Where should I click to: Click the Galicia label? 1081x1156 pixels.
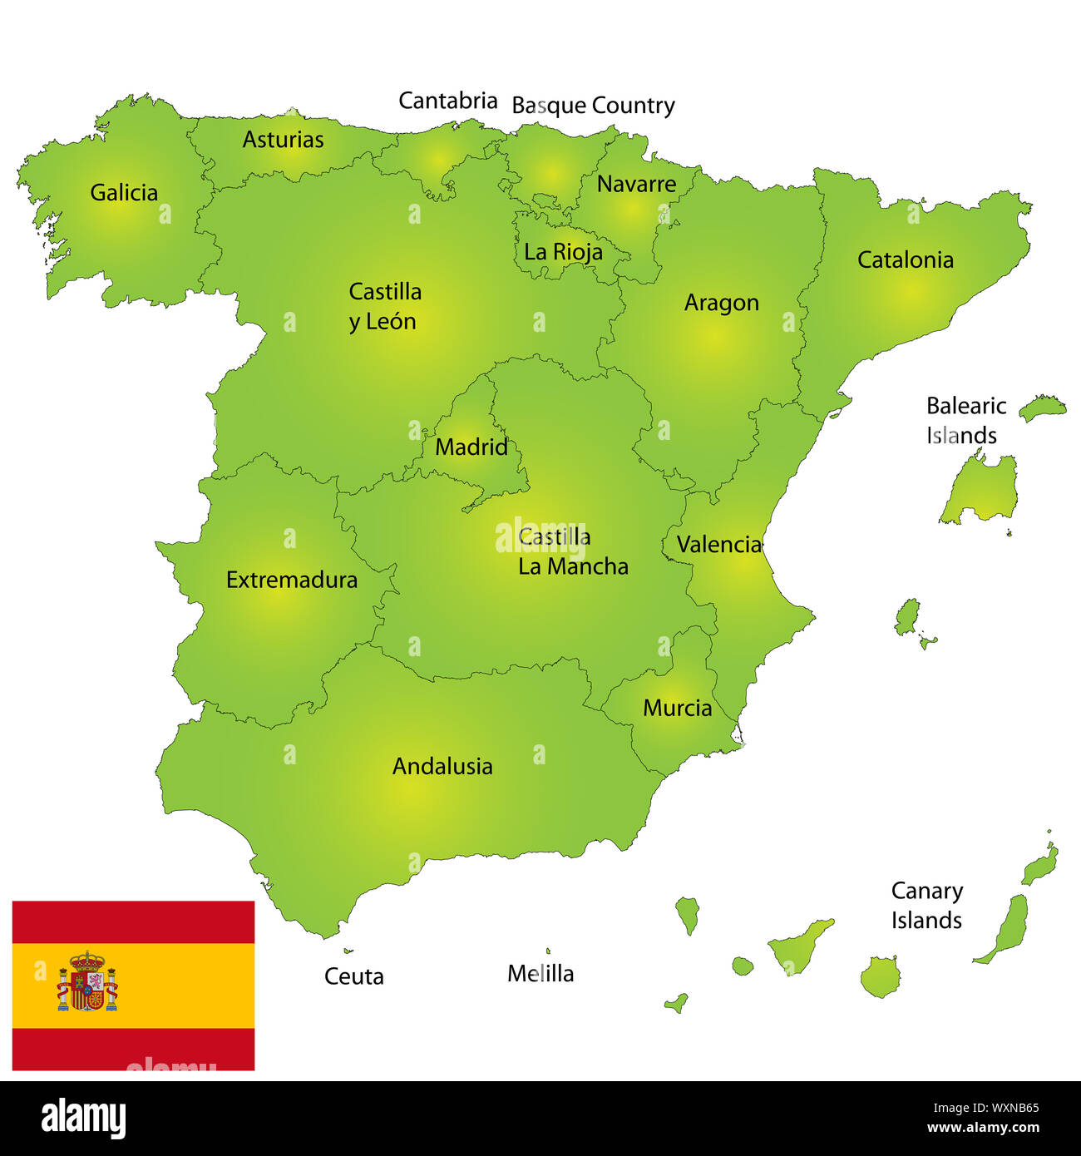point(124,193)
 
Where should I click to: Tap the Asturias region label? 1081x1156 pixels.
point(283,140)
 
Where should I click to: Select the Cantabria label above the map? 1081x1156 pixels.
point(447,101)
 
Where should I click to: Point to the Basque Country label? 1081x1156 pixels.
point(593,106)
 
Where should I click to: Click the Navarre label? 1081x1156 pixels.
point(636,184)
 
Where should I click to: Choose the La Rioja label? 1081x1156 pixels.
point(563,252)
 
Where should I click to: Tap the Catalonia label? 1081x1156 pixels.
point(905,259)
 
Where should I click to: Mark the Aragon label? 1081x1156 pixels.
point(721,304)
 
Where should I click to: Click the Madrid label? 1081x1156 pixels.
point(471,447)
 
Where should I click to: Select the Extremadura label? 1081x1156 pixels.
point(292,580)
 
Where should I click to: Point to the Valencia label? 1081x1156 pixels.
point(718,545)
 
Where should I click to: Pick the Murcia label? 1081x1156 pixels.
point(677,709)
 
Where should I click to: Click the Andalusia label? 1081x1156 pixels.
point(442,766)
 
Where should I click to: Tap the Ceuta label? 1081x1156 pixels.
point(354,976)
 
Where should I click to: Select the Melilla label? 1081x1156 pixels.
point(540,973)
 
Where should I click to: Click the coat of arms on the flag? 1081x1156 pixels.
point(87,981)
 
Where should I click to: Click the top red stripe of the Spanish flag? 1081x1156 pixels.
point(133,921)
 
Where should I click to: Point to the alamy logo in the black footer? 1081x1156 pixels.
point(83,1118)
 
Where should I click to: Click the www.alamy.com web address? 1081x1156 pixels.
point(983,1129)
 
